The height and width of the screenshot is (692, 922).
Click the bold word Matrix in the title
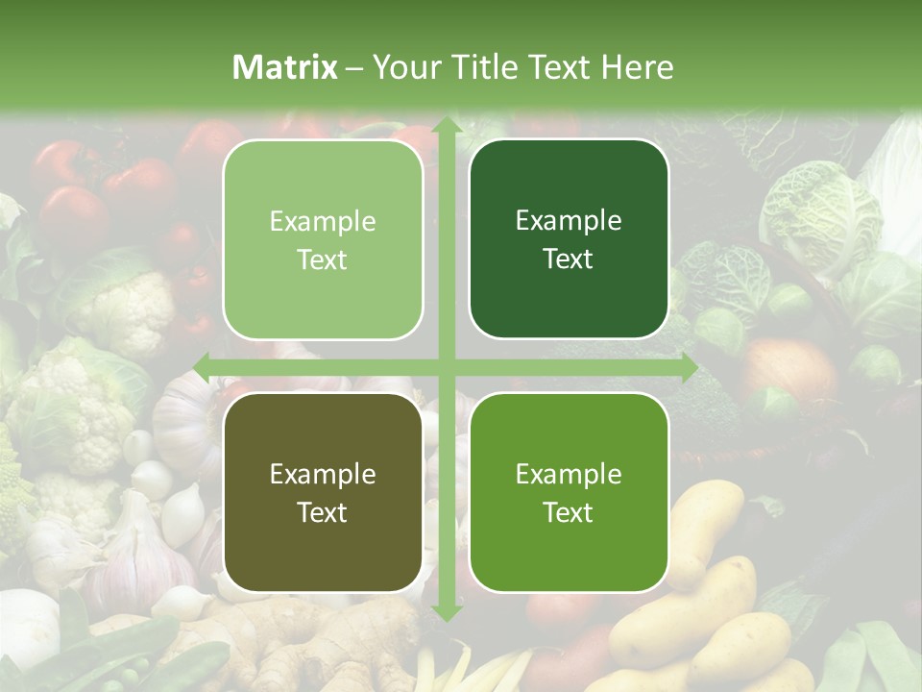coord(285,67)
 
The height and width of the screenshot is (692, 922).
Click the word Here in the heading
coord(637,67)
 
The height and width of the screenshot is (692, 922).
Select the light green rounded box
coord(323,239)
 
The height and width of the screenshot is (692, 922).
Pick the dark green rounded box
coord(569,239)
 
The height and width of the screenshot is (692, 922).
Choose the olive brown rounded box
coord(323,492)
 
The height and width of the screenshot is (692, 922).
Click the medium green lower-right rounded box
coord(569,492)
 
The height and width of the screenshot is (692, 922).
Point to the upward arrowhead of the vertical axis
coord(447,126)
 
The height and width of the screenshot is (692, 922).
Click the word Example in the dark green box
coord(569,221)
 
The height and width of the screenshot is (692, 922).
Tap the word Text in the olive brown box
coord(323,512)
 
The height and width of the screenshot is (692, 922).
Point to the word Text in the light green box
coord(323,259)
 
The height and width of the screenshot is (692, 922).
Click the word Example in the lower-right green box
coord(569,474)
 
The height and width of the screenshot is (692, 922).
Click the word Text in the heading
coord(560,67)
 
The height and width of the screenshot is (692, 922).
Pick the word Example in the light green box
coord(323,222)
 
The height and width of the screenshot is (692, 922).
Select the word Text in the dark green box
coord(569,259)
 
